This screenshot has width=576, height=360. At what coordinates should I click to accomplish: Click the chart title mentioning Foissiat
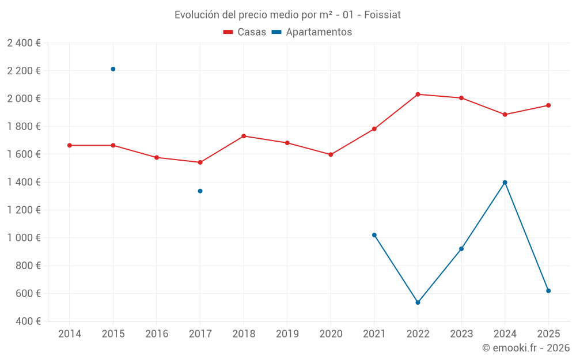tap(287, 14)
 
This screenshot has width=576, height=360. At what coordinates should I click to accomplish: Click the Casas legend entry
tap(245, 32)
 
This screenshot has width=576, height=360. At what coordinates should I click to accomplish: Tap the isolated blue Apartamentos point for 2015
tap(113, 69)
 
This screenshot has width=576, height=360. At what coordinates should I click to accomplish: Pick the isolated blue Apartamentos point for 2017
tap(200, 191)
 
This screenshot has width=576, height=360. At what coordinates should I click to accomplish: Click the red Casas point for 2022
tap(418, 94)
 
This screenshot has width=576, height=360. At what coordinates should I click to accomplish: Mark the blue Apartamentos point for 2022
tap(418, 302)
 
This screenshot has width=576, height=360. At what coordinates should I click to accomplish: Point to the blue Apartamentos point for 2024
tap(505, 182)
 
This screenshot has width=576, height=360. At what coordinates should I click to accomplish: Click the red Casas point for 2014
tap(70, 145)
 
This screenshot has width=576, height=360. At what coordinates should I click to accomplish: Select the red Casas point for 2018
tap(244, 136)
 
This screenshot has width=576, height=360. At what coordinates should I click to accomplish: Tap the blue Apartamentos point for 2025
tap(548, 291)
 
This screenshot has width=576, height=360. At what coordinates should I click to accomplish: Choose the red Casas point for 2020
tap(331, 154)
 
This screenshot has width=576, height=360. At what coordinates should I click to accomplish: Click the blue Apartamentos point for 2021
tap(374, 235)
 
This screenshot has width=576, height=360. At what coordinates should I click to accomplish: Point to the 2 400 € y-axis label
tap(24, 43)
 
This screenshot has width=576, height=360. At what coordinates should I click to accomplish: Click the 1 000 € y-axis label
tap(24, 238)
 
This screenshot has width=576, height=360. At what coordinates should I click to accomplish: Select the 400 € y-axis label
tap(27, 321)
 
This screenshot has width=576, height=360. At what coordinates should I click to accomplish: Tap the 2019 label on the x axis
tap(287, 334)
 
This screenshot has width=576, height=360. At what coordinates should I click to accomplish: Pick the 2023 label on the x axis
tap(461, 334)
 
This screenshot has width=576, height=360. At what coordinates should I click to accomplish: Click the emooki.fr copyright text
tap(525, 348)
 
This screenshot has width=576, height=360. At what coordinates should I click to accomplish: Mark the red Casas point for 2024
tap(505, 115)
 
